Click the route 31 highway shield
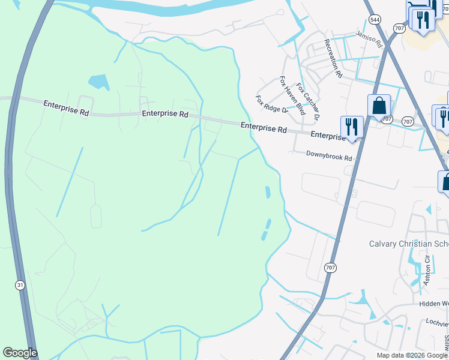(20, 286)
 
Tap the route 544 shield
(374, 19)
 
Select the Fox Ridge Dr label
(272, 104)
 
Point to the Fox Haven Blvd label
(293, 95)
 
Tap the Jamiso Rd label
(369, 40)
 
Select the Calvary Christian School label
(408, 244)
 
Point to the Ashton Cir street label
(427, 269)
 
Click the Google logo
(20, 353)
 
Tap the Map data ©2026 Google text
(412, 355)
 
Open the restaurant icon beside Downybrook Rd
(352, 127)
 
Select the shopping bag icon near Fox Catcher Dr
(379, 106)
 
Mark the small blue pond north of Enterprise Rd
(98, 82)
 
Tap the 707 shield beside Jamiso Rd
(399, 28)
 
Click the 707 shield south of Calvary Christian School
(330, 268)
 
